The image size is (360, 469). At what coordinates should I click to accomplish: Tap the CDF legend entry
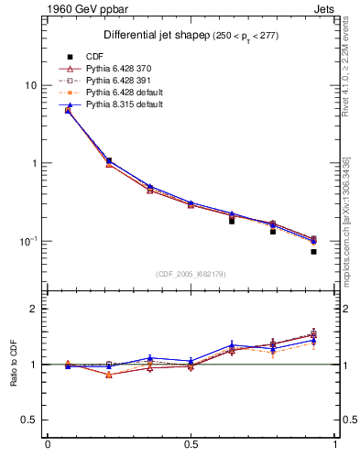click(x=95, y=57)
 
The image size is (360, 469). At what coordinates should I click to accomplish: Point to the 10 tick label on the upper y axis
click(x=30, y=85)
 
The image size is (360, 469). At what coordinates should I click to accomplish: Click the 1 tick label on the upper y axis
click(x=33, y=163)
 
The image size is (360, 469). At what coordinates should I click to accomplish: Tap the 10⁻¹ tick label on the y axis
click(x=28, y=241)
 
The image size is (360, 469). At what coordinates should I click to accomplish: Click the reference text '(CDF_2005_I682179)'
click(x=191, y=274)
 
